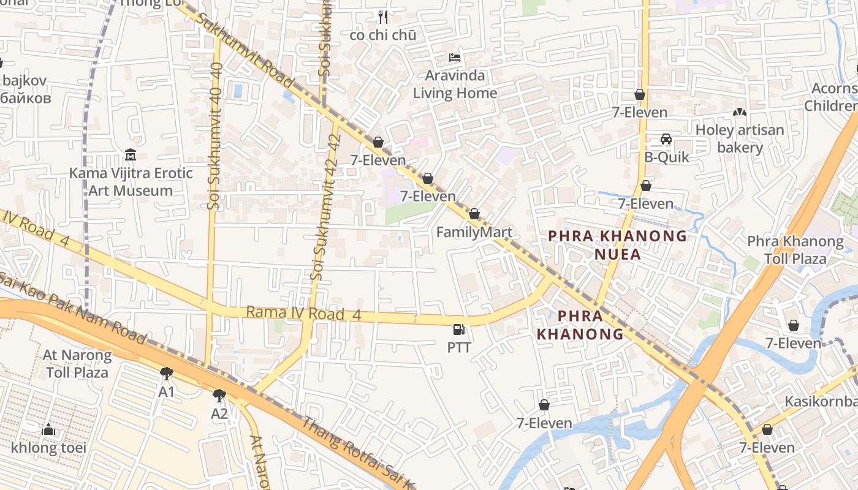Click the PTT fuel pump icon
(x=458, y=330)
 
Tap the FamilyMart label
(x=474, y=232)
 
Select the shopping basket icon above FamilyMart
(x=474, y=214)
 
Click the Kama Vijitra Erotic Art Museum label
(x=131, y=182)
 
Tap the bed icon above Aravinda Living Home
(x=455, y=58)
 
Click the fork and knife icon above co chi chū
(x=383, y=17)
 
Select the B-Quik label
(x=666, y=157)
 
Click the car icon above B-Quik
(x=666, y=140)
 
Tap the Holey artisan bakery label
(x=740, y=138)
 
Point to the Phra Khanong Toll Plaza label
(x=795, y=250)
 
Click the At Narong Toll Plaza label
(x=77, y=363)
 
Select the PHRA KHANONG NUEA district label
(x=617, y=245)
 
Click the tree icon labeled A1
(x=166, y=373)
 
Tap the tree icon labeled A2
(x=219, y=395)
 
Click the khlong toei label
(x=48, y=448)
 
